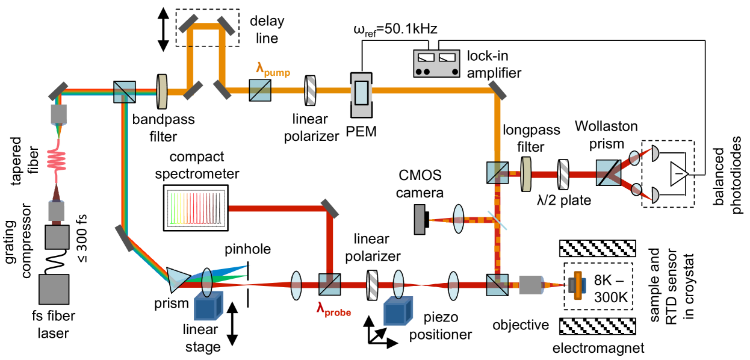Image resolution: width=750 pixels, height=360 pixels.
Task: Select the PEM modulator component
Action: click(362, 96)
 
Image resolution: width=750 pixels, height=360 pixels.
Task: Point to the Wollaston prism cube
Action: click(608, 173)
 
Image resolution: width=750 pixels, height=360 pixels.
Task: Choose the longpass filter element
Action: click(526, 175)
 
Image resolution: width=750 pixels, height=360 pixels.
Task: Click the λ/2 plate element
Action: click(564, 175)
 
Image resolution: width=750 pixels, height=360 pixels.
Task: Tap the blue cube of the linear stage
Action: click(209, 306)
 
